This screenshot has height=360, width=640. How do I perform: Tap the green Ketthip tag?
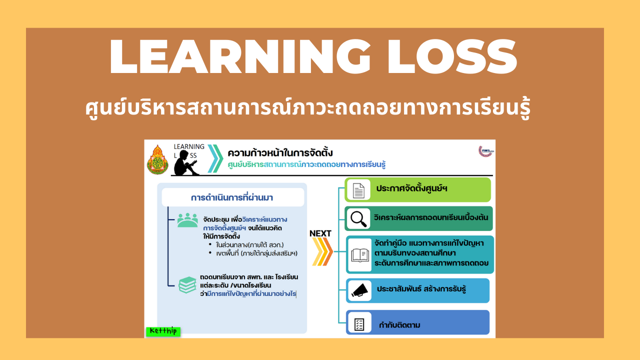point(163,331)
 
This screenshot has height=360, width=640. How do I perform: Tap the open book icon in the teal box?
point(359,255)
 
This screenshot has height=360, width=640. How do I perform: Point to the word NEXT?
point(320,233)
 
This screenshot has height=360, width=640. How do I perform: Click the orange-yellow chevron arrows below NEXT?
point(322,251)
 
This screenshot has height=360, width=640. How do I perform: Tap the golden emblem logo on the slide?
point(158,160)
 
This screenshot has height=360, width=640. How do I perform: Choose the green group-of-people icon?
point(187,220)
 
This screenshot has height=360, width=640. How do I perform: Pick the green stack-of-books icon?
point(187,284)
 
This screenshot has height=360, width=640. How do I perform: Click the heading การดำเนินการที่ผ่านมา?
point(232,197)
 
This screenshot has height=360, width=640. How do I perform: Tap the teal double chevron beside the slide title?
point(215,158)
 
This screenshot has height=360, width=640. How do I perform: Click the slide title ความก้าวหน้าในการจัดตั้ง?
point(280,152)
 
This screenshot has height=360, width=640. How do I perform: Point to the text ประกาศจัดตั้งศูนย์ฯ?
point(411,189)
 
